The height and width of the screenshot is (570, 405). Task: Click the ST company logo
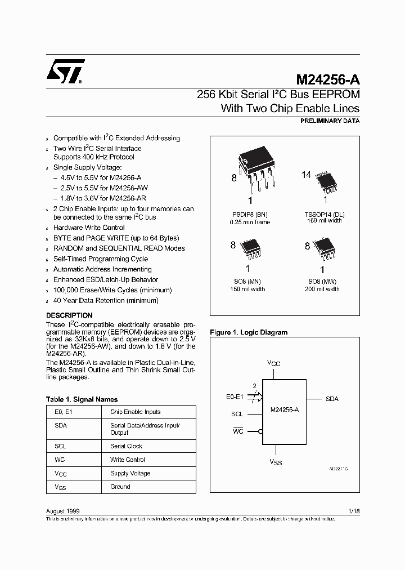[65, 71]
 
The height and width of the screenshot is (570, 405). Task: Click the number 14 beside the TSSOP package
[306, 175]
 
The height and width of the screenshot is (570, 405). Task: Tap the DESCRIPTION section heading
[69, 315]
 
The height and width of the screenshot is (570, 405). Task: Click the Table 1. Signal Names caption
[82, 399]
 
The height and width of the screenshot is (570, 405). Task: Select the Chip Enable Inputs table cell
[135, 412]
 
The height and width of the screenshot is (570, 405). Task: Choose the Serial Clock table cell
[126, 446]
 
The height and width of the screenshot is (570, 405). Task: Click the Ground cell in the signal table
[120, 487]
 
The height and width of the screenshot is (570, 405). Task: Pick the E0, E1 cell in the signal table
[61, 412]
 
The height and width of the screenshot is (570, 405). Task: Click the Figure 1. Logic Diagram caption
[249, 332]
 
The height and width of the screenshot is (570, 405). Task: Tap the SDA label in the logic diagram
[332, 399]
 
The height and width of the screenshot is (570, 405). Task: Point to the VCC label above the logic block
[273, 364]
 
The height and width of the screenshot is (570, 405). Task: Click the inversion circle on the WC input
[260, 431]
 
